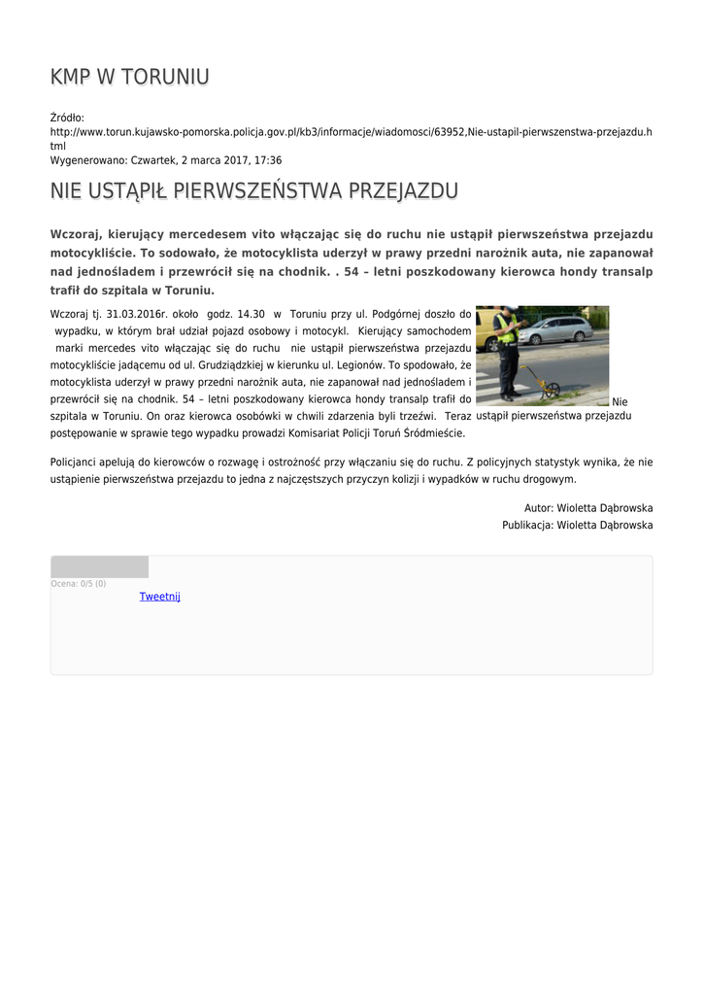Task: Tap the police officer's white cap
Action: [507, 311]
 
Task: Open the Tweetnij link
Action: [159, 597]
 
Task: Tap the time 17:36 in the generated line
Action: [269, 159]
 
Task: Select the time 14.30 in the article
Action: [251, 315]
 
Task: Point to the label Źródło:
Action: [67, 117]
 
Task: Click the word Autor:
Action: [538, 508]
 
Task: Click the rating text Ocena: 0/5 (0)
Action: [79, 584]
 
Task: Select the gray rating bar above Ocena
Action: [99, 566]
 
